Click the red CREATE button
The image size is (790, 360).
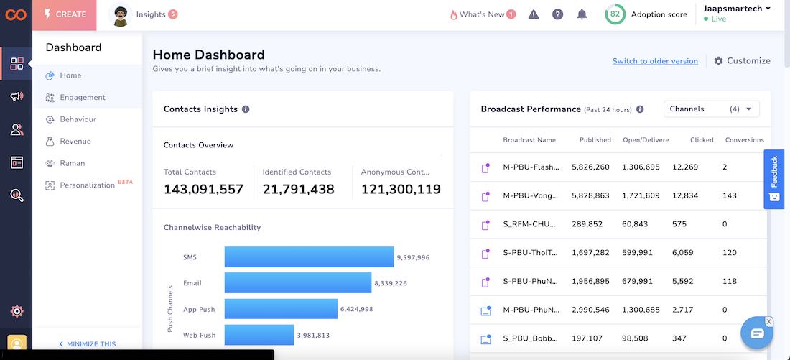65,14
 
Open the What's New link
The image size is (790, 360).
482,14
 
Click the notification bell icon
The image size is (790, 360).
582,14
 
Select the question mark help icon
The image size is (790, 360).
557,14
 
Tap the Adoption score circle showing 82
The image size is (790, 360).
615,14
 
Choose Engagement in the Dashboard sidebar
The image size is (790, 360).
83,98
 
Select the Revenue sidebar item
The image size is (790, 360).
75,142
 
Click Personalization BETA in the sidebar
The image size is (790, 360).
87,185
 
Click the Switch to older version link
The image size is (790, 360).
655,62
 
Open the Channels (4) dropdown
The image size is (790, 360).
711,109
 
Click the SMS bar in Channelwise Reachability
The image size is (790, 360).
310,257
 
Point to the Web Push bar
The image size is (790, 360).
259,335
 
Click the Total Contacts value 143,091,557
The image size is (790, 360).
203,190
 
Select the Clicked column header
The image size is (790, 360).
702,140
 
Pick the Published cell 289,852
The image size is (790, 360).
587,224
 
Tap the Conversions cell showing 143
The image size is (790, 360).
730,195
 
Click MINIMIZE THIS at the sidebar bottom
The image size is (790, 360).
88,344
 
